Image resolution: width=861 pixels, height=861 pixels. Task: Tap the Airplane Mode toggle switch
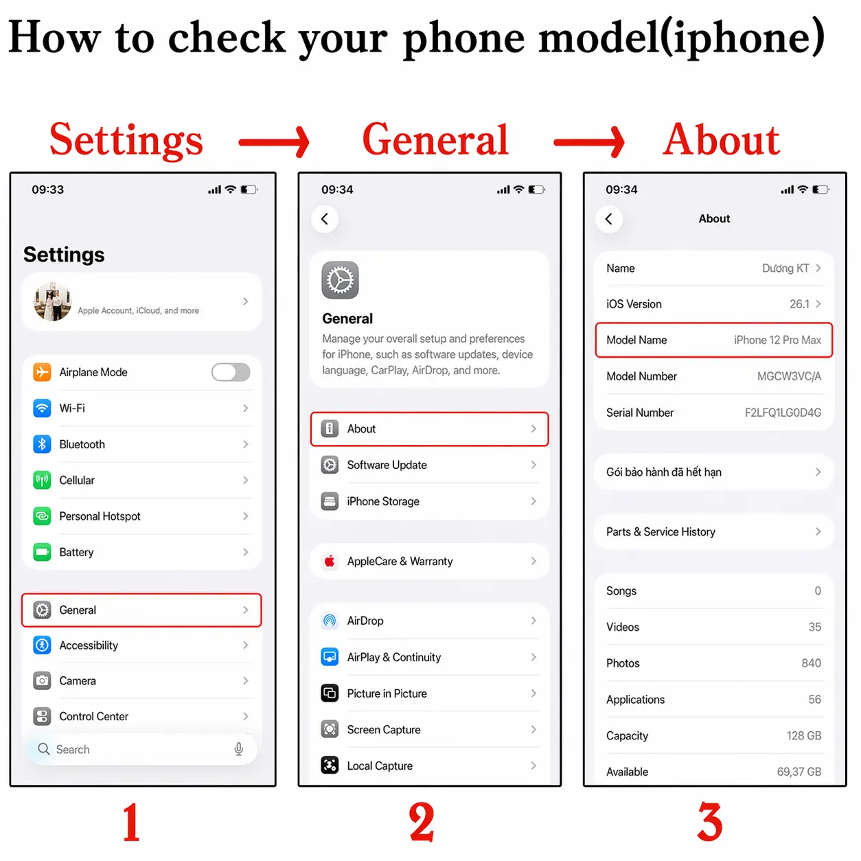point(231,372)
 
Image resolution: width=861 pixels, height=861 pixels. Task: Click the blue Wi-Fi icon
point(42,408)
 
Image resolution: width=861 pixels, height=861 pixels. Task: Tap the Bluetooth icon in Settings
point(42,444)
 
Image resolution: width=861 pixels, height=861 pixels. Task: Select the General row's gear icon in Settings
point(42,610)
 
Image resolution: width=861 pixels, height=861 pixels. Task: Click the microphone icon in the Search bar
point(239,749)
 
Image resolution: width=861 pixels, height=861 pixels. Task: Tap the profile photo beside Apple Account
point(53,301)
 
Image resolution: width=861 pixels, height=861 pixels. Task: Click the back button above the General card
point(325,219)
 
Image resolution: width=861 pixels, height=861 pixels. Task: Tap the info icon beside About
point(330,428)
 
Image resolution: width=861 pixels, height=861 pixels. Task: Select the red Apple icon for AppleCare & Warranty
point(330,561)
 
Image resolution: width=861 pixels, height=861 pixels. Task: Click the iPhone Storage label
point(383,501)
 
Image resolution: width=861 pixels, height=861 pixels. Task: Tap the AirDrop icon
point(330,621)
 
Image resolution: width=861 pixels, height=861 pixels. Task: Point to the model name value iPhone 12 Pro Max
point(777,340)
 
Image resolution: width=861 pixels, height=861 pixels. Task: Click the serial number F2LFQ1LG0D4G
point(783,413)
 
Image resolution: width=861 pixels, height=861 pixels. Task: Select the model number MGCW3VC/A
point(789,376)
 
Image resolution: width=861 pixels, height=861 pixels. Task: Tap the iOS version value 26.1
point(799,304)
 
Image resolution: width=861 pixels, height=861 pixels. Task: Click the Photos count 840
point(812,663)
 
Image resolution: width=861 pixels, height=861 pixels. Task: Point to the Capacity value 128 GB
point(804,735)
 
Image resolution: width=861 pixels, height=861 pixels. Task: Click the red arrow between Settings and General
point(274,143)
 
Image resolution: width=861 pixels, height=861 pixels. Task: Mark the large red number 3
point(710,822)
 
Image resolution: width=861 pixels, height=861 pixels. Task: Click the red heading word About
point(721,139)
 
